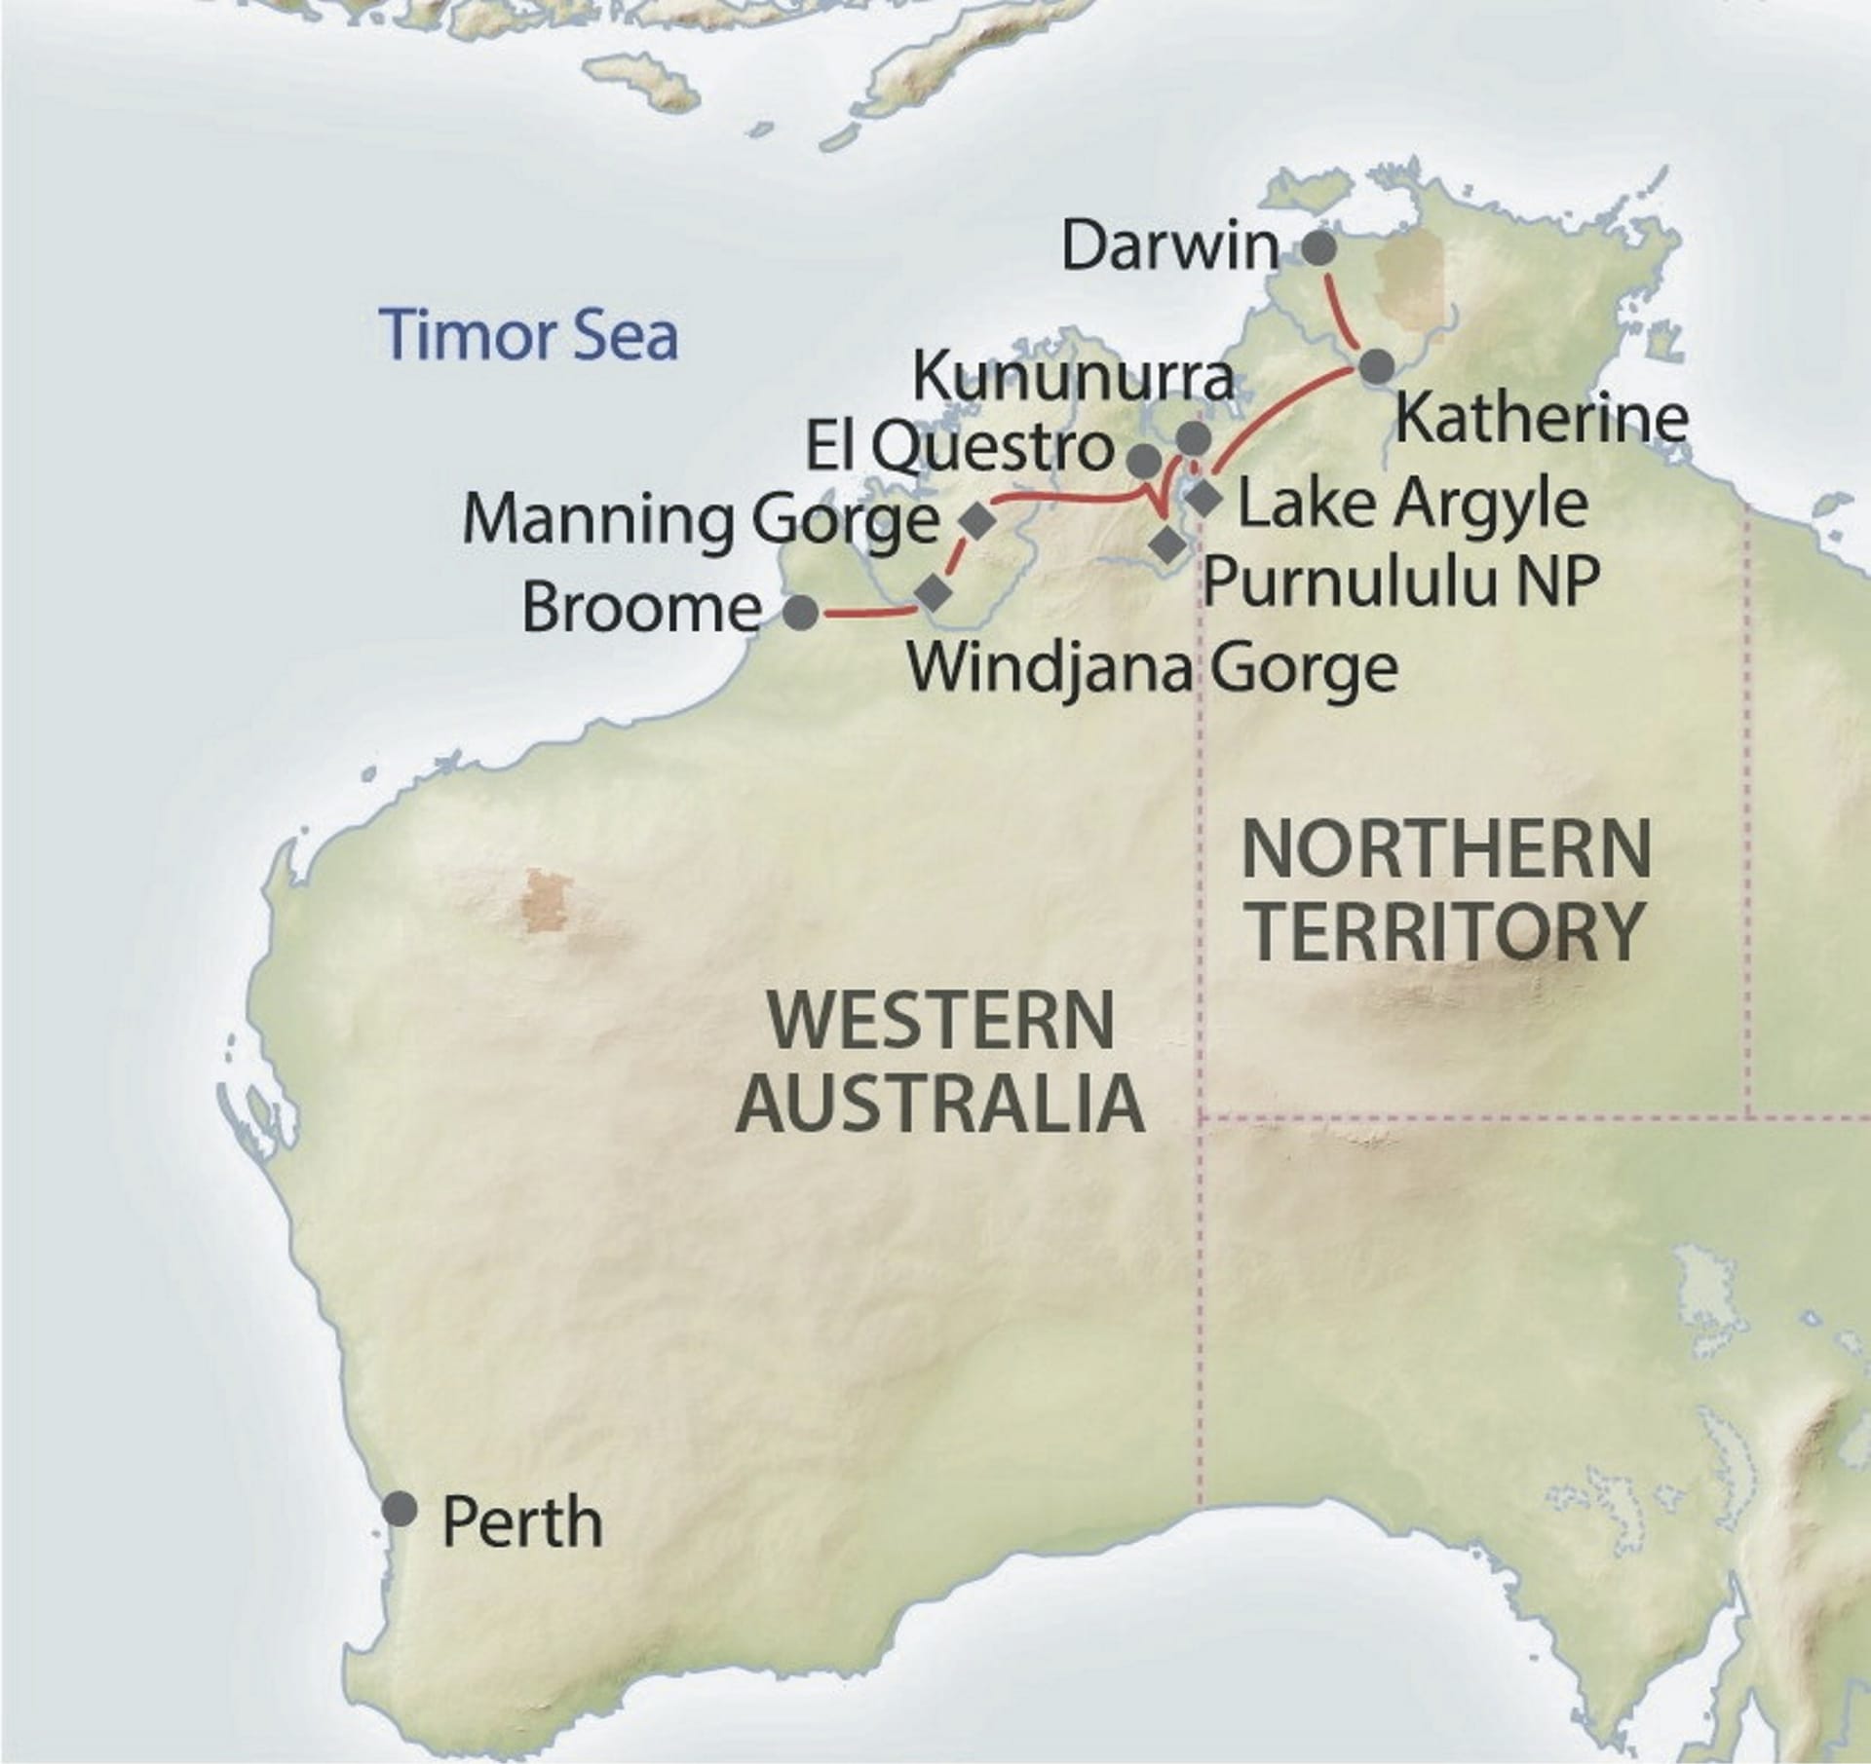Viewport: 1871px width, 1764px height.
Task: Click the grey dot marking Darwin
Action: point(1317,248)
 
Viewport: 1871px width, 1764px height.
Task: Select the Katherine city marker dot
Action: point(1376,367)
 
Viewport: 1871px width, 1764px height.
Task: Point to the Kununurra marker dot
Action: point(1194,437)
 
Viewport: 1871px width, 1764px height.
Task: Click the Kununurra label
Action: point(1072,377)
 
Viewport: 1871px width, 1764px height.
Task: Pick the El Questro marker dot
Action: point(1145,458)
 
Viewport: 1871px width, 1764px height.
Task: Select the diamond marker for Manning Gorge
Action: point(977,521)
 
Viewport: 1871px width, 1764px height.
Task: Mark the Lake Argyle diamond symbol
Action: point(1203,499)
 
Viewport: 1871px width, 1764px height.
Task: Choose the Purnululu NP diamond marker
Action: point(1165,544)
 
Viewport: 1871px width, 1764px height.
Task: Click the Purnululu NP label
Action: point(1402,582)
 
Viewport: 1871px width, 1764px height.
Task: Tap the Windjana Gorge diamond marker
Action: point(934,592)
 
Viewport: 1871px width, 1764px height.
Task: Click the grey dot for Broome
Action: point(801,612)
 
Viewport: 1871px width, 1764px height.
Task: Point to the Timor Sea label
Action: point(531,335)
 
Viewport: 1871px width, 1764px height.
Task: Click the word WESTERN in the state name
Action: point(941,1019)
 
